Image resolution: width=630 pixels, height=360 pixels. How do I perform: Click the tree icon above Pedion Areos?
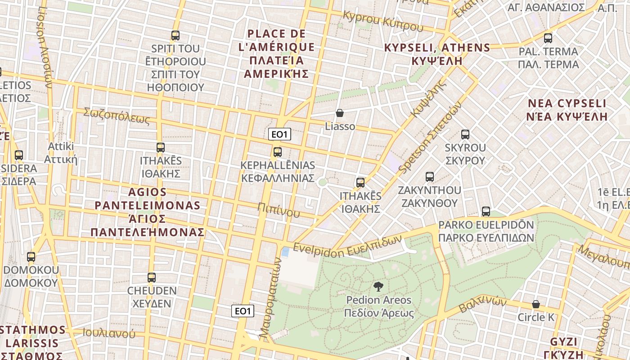[378, 286]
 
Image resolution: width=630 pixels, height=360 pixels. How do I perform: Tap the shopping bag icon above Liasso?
[340, 113]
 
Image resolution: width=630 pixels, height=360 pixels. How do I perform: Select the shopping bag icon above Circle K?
[535, 304]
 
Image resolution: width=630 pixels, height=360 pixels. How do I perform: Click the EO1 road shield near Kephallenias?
[279, 134]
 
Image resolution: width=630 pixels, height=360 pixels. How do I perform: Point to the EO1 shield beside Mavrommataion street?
[243, 311]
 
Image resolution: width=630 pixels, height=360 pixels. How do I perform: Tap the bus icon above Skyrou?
[465, 134]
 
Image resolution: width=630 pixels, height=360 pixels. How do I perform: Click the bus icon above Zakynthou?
[430, 176]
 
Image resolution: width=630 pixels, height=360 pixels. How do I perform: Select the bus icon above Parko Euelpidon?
[486, 211]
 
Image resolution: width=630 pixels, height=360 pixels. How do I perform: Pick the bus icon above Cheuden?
[152, 277]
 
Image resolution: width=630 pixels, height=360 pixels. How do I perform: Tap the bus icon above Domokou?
[31, 257]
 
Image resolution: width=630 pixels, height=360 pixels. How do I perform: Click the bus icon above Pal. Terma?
[548, 38]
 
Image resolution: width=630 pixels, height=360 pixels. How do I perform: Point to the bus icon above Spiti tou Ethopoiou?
[175, 35]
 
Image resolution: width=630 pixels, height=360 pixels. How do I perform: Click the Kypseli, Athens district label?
[436, 54]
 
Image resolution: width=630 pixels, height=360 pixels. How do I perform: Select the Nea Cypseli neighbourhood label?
[567, 110]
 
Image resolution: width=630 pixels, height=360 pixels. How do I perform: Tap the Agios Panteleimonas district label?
[147, 212]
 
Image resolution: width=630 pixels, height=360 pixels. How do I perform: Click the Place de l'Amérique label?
[277, 54]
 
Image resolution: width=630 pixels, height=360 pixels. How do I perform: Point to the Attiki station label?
[61, 153]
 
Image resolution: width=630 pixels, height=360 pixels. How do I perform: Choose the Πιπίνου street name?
[279, 209]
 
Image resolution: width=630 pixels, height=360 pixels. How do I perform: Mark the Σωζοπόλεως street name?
[116, 116]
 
